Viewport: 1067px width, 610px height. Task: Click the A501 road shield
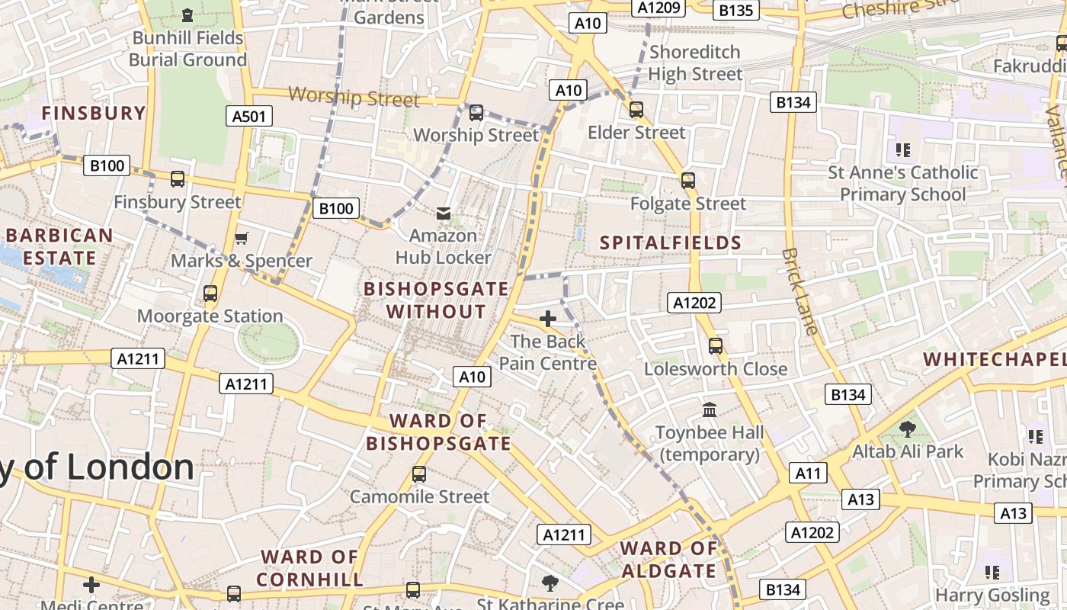click(x=249, y=116)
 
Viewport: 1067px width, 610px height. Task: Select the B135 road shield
click(x=736, y=10)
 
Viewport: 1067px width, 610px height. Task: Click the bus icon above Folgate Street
click(x=688, y=181)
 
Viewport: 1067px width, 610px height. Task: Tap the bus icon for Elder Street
click(x=636, y=110)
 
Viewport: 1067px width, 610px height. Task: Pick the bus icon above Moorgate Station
click(x=210, y=294)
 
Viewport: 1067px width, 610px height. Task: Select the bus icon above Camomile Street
click(x=418, y=474)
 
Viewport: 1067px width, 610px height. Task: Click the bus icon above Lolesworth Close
click(x=716, y=346)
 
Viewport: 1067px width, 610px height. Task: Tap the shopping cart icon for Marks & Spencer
click(x=242, y=239)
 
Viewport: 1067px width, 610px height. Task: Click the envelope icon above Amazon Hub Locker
click(x=443, y=213)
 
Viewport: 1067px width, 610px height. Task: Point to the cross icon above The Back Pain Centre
click(x=547, y=319)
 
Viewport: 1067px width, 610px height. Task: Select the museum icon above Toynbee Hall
click(x=710, y=410)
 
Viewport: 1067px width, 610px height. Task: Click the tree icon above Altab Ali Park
click(x=907, y=429)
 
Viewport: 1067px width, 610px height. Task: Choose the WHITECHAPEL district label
click(x=995, y=359)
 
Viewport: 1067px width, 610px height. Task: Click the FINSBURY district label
click(x=93, y=114)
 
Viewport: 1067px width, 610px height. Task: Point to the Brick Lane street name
click(x=800, y=292)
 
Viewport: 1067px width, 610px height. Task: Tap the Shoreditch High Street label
click(x=694, y=63)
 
